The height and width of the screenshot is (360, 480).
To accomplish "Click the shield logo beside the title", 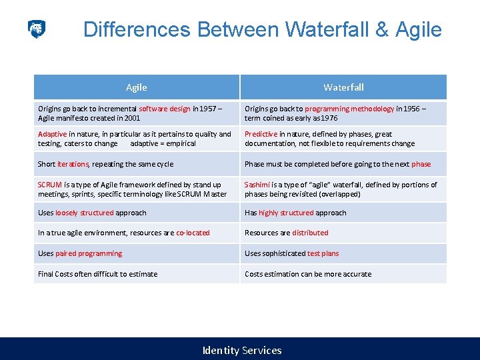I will pyautogui.click(x=37, y=29).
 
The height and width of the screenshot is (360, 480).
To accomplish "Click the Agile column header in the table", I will pyautogui.click(x=137, y=87).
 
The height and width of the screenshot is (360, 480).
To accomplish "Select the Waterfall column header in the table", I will pyautogui.click(x=343, y=87).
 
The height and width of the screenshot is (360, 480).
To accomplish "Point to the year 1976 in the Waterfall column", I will pyautogui.click(x=328, y=118).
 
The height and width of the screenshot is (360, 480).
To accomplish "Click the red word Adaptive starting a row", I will pyautogui.click(x=53, y=134).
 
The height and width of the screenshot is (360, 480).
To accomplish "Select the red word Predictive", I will pyautogui.click(x=261, y=134).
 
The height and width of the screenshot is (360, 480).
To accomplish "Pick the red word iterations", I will pyautogui.click(x=73, y=164).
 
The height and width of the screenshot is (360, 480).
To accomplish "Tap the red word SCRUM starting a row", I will pyautogui.click(x=50, y=185).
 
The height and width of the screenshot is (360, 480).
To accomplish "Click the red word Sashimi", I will pyautogui.click(x=258, y=185).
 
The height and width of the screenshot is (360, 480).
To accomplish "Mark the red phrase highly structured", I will pyautogui.click(x=286, y=213).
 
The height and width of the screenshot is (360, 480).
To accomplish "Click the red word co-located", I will pyautogui.click(x=193, y=233).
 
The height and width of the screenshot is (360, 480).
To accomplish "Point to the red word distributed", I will pyautogui.click(x=310, y=233).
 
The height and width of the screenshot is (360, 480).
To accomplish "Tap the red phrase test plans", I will pyautogui.click(x=323, y=253).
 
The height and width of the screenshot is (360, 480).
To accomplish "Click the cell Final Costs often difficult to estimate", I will pyautogui.click(x=98, y=274).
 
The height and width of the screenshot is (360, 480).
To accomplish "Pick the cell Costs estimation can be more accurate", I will pyautogui.click(x=308, y=274).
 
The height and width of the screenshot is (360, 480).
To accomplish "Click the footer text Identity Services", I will pyautogui.click(x=242, y=350).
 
